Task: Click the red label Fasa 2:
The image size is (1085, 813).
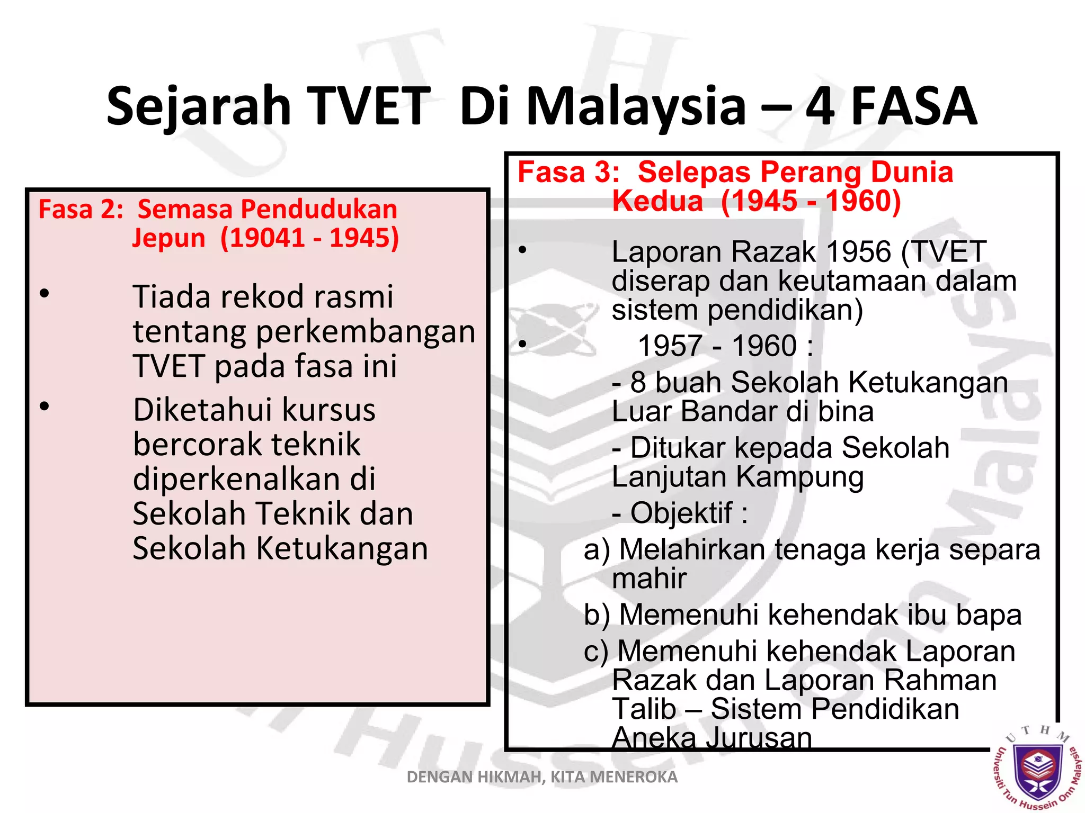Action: (81, 210)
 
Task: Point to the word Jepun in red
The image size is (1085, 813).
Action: (168, 238)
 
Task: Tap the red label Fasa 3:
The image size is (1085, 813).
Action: (568, 173)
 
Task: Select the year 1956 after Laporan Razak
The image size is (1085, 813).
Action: (858, 252)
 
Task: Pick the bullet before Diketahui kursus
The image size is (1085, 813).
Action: (45, 406)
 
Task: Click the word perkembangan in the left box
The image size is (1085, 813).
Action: (366, 332)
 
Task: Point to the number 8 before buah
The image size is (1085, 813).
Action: (638, 382)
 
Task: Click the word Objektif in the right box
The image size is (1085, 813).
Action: (681, 513)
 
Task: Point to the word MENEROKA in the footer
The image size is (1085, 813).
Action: (634, 777)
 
